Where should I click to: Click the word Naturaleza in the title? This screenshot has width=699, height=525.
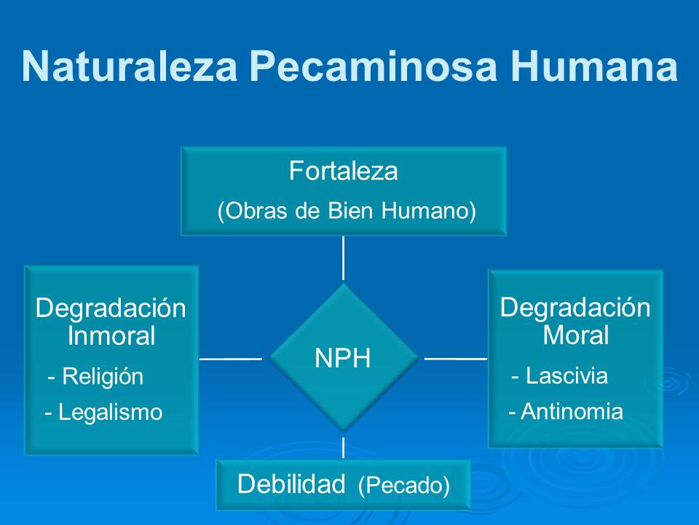coord(129,66)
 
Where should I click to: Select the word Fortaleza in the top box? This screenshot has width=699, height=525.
coord(343,171)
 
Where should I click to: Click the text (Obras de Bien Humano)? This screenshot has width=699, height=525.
coord(347,211)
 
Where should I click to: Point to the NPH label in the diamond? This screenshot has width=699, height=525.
coord(343,358)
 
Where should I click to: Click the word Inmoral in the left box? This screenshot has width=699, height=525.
coord(111,336)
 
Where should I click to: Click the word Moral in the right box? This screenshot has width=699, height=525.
coord(575,335)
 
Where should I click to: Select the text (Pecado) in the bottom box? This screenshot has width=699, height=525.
coord(404,486)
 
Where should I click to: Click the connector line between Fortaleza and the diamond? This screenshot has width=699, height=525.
coord(343,257)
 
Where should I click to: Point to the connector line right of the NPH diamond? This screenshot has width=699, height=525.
coord(456,359)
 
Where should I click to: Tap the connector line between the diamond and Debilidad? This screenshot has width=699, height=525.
coord(343,447)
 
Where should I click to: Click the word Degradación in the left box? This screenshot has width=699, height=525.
coord(111,308)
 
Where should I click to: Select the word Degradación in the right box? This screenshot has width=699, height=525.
coord(575,307)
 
